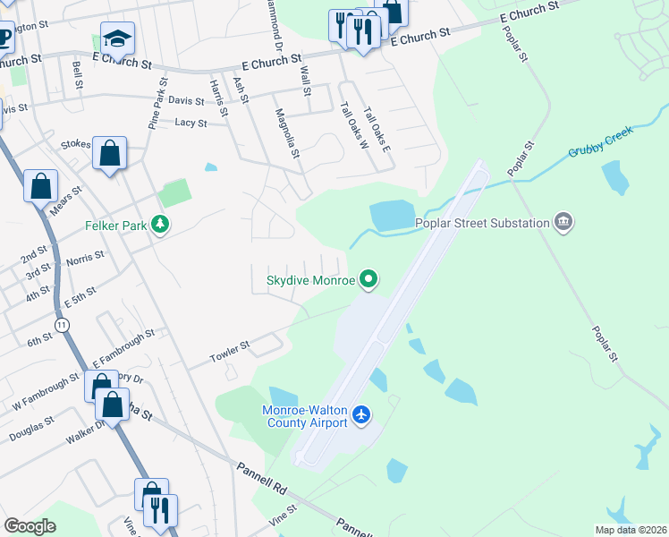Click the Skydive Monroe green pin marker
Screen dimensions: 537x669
(x=368, y=280)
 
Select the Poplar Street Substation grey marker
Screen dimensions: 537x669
(x=563, y=222)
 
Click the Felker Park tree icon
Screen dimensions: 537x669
(x=160, y=224)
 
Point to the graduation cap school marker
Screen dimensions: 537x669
(x=116, y=39)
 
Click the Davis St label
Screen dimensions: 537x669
(x=186, y=102)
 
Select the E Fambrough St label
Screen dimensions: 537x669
(x=123, y=347)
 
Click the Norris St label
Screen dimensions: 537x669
(x=85, y=259)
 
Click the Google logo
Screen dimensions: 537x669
(x=30, y=526)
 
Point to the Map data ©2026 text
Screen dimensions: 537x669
(x=630, y=530)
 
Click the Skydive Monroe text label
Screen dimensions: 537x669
(x=311, y=280)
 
